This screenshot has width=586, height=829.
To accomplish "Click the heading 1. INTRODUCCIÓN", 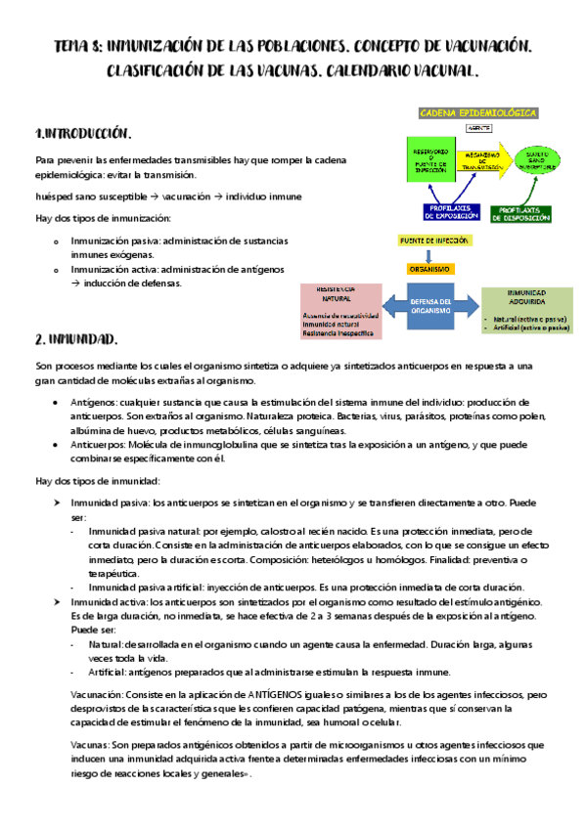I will coord(82,133).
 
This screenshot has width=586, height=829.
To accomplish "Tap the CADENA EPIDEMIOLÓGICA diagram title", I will coord(478,113).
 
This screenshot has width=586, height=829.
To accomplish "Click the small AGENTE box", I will coord(478,128).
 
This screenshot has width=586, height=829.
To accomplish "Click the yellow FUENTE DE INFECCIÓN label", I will coord(434,240).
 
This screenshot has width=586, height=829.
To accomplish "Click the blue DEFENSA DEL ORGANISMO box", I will coord(429,306).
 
